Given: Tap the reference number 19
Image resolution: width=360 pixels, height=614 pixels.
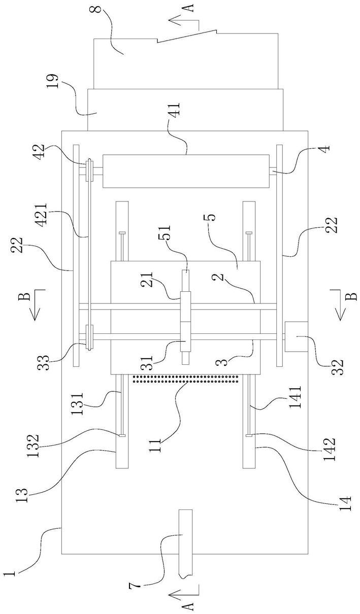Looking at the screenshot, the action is (52, 81).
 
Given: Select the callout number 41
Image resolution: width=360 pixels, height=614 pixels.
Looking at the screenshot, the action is (175, 110).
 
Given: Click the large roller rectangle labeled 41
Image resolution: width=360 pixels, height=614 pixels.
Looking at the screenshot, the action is (186, 171).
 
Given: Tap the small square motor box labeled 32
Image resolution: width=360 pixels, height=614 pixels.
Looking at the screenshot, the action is (297, 336).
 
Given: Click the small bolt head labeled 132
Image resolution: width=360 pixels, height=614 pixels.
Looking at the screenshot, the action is (122, 435).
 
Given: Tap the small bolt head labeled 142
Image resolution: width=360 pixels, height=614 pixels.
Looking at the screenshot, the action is (249, 435).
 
